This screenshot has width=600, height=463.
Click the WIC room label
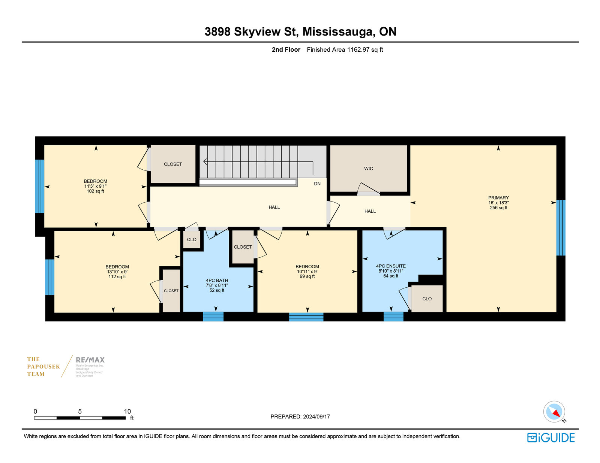368,169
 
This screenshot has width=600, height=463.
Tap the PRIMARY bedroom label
498,198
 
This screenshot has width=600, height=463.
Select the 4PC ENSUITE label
391,266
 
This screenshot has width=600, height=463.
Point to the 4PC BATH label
217,281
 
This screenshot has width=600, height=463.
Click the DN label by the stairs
317,184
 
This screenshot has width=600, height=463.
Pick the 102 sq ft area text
95,191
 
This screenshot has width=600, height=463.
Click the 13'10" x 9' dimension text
117,272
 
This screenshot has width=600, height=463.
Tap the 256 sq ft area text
498,208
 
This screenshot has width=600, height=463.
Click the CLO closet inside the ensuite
427,299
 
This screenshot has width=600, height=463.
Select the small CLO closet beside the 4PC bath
192,240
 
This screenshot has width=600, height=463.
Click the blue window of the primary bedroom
561,228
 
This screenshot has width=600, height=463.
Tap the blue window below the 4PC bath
213,316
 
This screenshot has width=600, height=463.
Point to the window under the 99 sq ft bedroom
306,317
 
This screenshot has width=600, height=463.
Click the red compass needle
556,413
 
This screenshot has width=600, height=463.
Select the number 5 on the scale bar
80,411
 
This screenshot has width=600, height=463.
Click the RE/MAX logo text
90,360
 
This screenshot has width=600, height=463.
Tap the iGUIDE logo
551,438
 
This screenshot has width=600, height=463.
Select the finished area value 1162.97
358,50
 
